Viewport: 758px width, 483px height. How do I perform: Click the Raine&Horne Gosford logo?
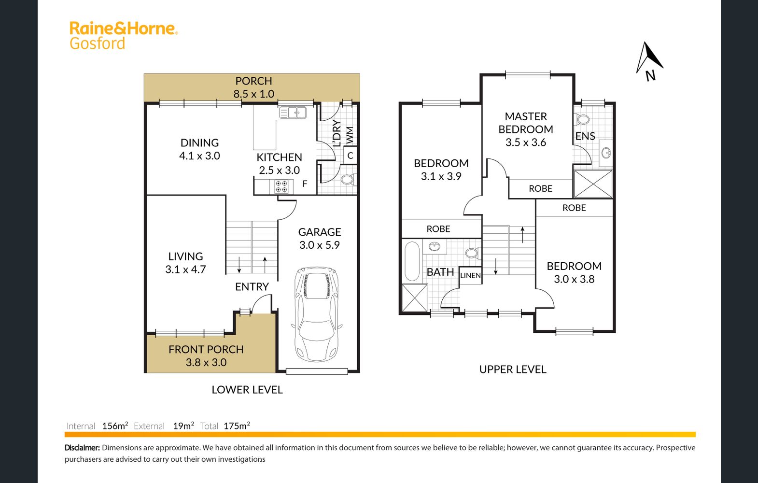[x=124, y=36]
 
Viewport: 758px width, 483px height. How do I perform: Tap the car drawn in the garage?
[x=317, y=314]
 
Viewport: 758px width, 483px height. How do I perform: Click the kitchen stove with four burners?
[x=281, y=186]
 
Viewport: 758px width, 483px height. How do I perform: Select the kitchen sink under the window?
[x=293, y=113]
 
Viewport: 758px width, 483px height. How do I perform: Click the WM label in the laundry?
[x=350, y=135]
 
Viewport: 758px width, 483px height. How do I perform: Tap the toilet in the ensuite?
[x=582, y=119]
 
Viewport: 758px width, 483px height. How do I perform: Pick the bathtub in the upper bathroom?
[x=412, y=261]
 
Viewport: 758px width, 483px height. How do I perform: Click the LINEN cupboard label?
[x=470, y=275]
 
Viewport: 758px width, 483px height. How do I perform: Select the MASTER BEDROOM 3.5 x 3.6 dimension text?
[x=526, y=129]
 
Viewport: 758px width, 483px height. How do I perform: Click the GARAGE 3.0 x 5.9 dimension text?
[x=320, y=238]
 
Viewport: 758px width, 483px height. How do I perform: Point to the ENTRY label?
[x=252, y=287]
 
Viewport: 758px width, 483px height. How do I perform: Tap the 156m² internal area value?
[x=115, y=426]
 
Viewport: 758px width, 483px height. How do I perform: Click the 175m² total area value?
[x=237, y=426]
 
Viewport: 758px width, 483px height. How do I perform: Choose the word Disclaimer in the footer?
[x=82, y=447]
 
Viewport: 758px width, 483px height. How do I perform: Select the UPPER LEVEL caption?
[x=513, y=369]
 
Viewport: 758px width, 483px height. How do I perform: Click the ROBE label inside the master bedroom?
[x=540, y=188]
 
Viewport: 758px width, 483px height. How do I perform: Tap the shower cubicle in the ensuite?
[x=593, y=184]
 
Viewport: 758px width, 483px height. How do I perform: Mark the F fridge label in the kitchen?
[x=305, y=184]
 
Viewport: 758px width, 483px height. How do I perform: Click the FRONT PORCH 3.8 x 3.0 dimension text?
[x=206, y=356]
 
